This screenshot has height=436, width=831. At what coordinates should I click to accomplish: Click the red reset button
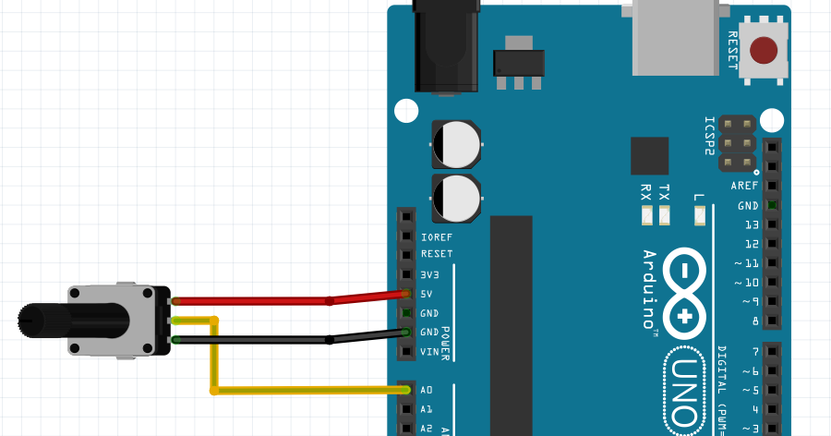pos(764,50)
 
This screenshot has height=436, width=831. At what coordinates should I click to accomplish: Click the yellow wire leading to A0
pos(305,390)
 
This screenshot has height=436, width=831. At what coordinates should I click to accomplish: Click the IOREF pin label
pos(436,236)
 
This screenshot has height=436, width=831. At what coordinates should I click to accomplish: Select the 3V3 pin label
pos(430,274)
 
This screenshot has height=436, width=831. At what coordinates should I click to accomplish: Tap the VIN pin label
pos(430,352)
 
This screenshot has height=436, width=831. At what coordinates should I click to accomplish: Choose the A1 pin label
pos(427,409)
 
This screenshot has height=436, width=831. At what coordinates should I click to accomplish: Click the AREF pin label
pos(744,186)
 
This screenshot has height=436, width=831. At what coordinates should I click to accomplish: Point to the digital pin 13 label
pos(751,224)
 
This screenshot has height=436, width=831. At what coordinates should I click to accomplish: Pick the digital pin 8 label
pos(754,321)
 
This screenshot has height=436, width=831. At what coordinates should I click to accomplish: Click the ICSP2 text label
pos(709,136)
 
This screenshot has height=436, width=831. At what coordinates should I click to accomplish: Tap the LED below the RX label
pos(646,217)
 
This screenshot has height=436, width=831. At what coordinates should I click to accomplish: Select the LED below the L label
pos(699,217)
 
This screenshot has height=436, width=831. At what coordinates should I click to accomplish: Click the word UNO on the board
pos(684,389)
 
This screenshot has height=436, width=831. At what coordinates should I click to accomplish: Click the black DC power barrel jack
pos(447,46)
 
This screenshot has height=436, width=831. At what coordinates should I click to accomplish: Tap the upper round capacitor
pos(456,145)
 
